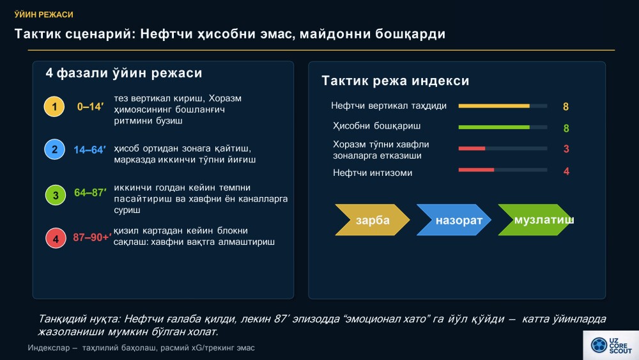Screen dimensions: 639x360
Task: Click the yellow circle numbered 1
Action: pyautogui.click(x=54, y=107)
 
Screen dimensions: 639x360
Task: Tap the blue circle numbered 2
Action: pyautogui.click(x=54, y=149)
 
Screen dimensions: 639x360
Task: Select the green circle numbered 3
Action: pyautogui.click(x=56, y=195)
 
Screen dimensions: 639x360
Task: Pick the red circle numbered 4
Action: pyautogui.click(x=56, y=239)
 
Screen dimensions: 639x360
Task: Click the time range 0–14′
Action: pyautogui.click(x=91, y=107)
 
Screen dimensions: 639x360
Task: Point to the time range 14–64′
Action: pyautogui.click(x=89, y=150)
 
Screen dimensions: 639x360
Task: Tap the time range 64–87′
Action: pyautogui.click(x=91, y=192)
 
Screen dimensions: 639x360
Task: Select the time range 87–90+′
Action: pyautogui.click(x=92, y=237)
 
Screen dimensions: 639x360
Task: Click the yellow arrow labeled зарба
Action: pyautogui.click(x=372, y=220)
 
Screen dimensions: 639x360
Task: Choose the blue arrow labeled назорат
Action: pyautogui.click(x=454, y=220)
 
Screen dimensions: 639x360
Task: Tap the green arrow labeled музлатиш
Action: pyautogui.click(x=535, y=220)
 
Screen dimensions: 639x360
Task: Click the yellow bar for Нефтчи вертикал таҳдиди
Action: pyautogui.click(x=494, y=106)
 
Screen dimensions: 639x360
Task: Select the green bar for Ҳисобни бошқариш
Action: pyautogui.click(x=494, y=127)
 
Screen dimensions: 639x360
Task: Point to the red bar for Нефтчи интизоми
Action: pyautogui.click(x=476, y=170)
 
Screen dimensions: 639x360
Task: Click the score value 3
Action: pyautogui.click(x=566, y=149)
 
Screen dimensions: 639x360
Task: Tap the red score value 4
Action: pyautogui.click(x=566, y=171)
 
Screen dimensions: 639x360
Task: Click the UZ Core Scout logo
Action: pyautogui.click(x=611, y=345)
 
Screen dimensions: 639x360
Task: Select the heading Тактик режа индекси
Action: pyautogui.click(x=396, y=81)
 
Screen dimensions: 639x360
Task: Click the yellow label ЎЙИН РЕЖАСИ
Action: pyautogui.click(x=44, y=15)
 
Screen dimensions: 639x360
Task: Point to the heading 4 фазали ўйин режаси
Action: pyautogui.click(x=124, y=73)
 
